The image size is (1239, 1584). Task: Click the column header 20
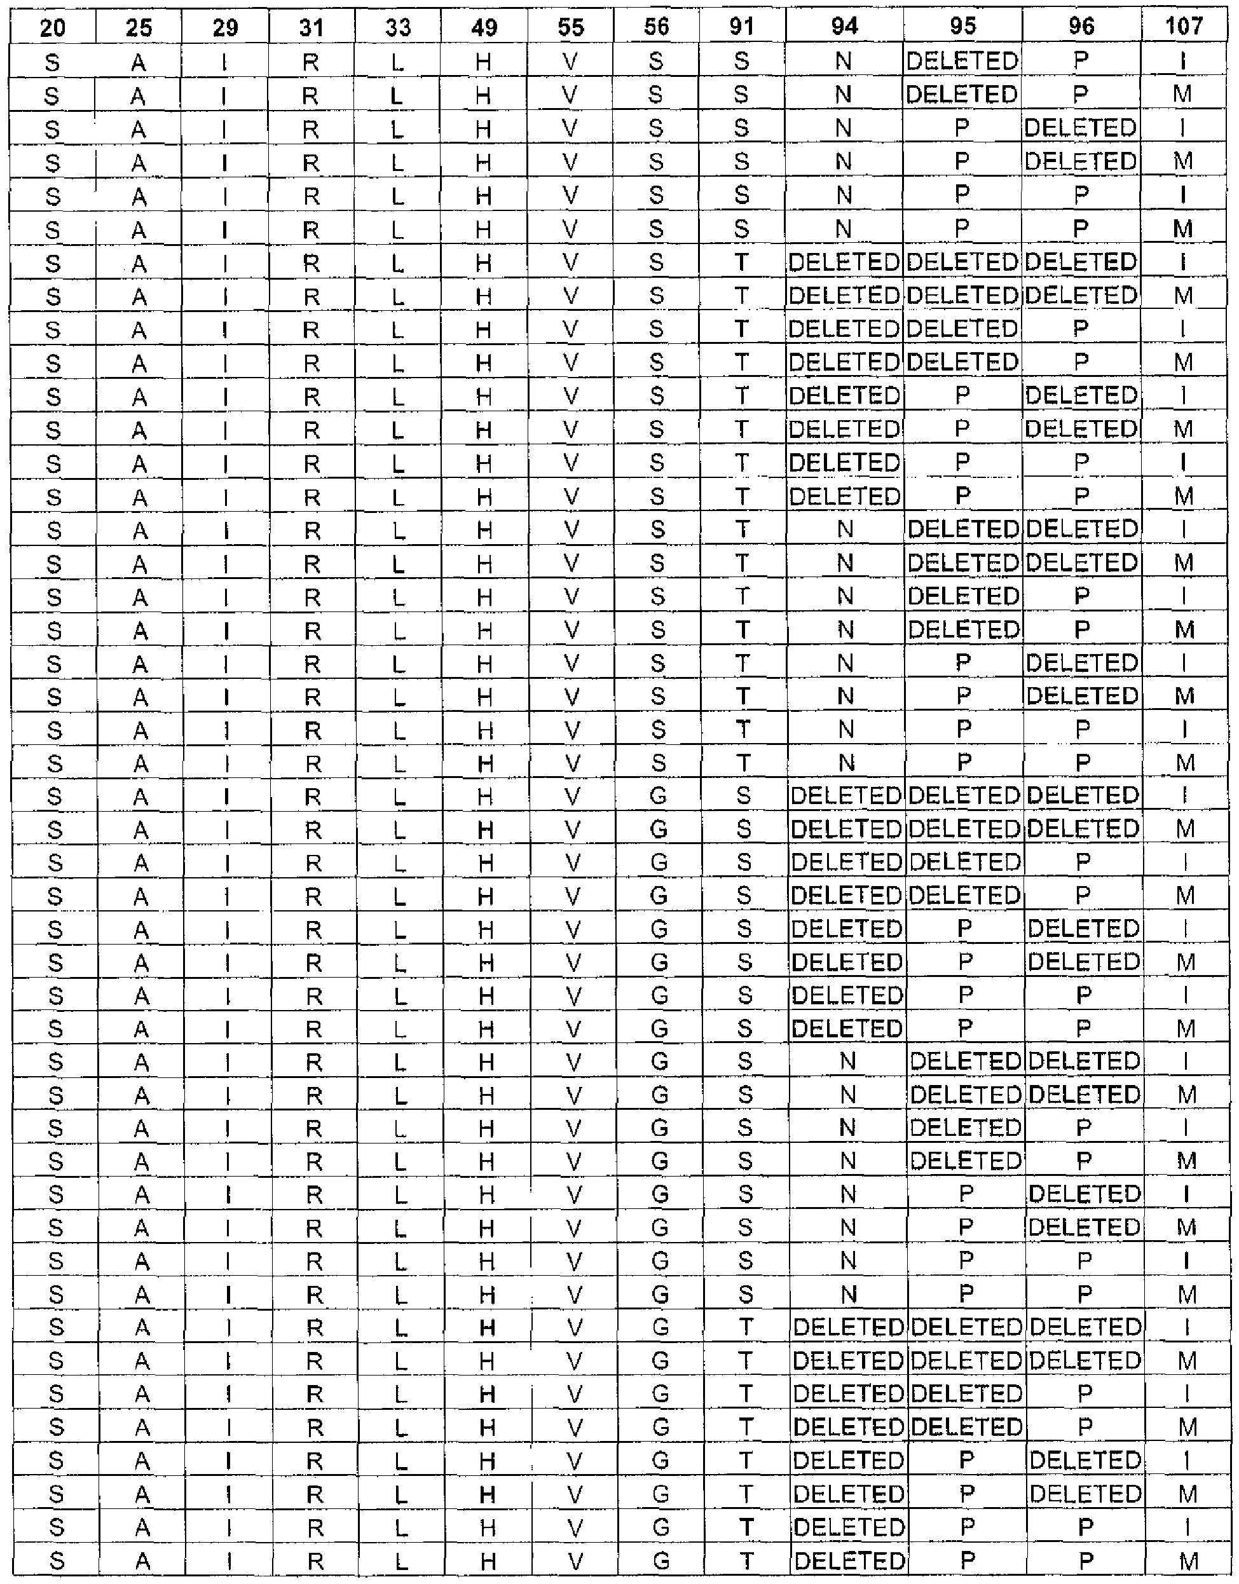tap(52, 27)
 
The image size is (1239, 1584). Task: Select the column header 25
tap(139, 27)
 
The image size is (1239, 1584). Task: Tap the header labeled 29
tap(226, 27)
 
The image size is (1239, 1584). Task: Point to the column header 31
tap(312, 27)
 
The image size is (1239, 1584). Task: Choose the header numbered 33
tap(398, 27)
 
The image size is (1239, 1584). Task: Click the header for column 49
tap(484, 27)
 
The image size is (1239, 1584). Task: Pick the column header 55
tap(570, 27)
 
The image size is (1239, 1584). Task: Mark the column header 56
tap(656, 27)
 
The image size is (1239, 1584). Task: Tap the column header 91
tap(741, 27)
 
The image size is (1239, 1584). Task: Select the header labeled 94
tap(844, 27)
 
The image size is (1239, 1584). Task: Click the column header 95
tap(962, 27)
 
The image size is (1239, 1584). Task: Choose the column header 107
tap(1184, 27)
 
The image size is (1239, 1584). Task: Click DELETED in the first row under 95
tap(962, 62)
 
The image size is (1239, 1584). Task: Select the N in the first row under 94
tap(843, 62)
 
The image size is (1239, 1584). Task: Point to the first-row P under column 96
tap(1081, 62)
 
